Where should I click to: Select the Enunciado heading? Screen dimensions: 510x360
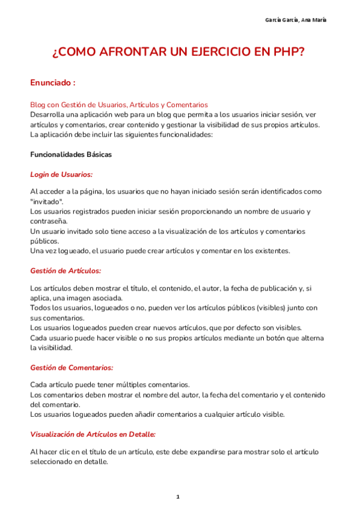click(53, 82)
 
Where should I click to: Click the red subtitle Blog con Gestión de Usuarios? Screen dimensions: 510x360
click(119, 104)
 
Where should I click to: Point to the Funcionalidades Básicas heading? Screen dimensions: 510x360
click(71, 155)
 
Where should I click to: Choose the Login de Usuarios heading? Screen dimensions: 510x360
click(61, 174)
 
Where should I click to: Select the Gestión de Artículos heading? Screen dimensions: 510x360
click(66, 271)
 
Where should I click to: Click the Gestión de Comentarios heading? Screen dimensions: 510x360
click(72, 367)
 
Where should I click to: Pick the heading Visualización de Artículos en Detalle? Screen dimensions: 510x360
click(93, 434)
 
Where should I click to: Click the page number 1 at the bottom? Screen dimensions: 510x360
click(178, 497)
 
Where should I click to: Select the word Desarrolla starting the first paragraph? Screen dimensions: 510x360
click(50, 114)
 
